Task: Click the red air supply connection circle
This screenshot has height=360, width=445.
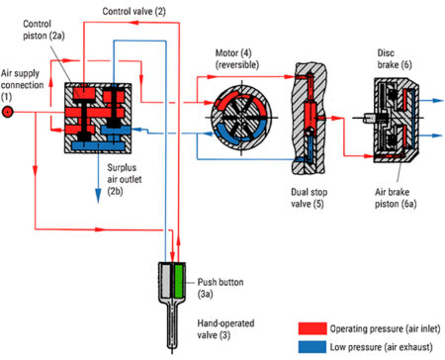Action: click(7, 112)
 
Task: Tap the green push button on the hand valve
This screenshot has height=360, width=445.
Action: click(178, 281)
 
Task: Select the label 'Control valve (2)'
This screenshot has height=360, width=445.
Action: click(133, 11)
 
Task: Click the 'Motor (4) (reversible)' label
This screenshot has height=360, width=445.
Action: click(237, 58)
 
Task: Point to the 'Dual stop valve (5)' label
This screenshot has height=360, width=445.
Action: click(309, 198)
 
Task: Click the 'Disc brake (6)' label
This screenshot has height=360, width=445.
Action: click(395, 58)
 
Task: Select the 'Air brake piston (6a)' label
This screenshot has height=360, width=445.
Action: click(396, 198)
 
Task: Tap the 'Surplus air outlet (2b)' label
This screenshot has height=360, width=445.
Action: click(124, 179)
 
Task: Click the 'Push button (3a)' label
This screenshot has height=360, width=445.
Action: click(221, 288)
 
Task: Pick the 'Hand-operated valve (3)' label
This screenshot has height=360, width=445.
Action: click(225, 329)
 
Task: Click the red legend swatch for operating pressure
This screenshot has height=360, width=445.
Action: click(312, 328)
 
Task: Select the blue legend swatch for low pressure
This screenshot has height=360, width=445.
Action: click(312, 347)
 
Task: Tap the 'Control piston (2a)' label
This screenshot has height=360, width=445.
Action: click(44, 30)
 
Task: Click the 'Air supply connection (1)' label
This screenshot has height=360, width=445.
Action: click(22, 85)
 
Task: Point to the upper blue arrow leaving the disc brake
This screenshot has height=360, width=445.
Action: click(431, 100)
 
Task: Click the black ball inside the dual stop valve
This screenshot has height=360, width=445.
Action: click(310, 132)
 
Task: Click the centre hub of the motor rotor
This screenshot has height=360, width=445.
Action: click(242, 118)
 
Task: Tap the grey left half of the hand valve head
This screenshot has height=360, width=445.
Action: click(165, 281)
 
